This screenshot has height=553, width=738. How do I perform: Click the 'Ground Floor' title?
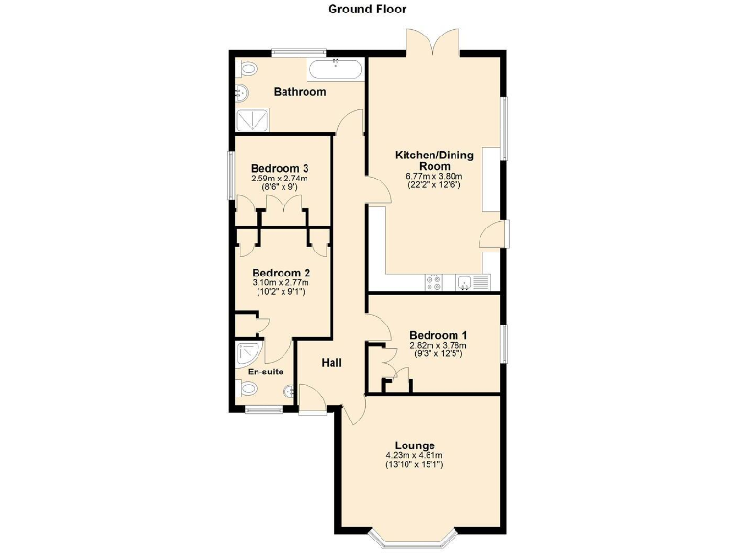click(367, 10)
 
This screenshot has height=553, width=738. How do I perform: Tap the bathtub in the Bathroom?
click(335, 69)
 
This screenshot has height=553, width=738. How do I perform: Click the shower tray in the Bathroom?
click(255, 118)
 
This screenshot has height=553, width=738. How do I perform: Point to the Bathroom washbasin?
click(241, 92)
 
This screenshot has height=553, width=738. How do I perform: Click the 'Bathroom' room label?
click(300, 92)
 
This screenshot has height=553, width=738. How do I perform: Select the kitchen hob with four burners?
click(433, 281)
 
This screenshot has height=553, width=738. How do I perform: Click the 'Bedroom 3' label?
click(273, 168)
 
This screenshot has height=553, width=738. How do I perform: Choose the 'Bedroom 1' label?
click(437, 335)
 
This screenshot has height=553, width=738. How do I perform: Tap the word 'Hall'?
click(332, 362)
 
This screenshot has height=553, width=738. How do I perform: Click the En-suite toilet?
click(246, 389)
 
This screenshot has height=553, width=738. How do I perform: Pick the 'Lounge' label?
click(413, 445)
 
